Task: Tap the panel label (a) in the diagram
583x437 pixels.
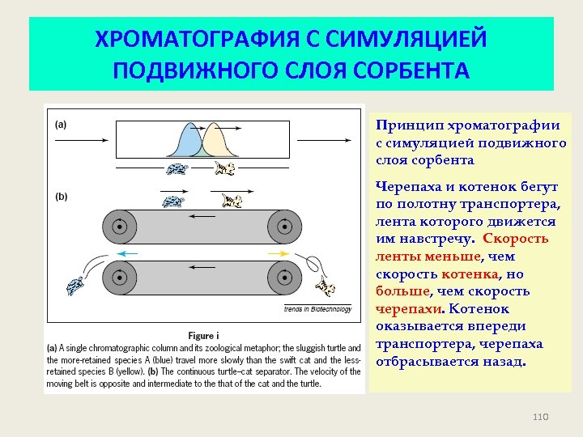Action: tap(61, 125)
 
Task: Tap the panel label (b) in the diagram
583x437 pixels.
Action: tap(61, 197)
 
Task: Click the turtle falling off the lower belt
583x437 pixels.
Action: tap(77, 285)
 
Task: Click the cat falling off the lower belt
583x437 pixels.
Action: tap(326, 287)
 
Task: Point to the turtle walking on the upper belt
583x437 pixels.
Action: tap(172, 202)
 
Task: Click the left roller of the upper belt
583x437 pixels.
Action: tap(119, 227)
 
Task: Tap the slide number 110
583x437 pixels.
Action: tap(541, 417)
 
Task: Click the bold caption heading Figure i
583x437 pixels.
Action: tap(202, 335)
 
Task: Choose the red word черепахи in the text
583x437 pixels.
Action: tap(402, 309)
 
